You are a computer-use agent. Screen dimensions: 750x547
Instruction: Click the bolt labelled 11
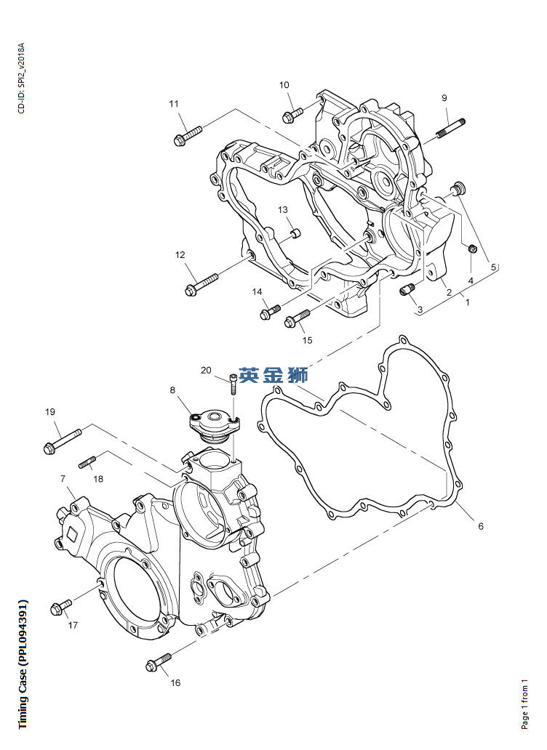(187, 135)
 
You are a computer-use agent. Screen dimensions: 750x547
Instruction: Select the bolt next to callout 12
(201, 283)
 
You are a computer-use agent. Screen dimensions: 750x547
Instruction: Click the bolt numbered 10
(292, 115)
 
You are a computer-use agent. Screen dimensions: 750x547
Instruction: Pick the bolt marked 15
(298, 318)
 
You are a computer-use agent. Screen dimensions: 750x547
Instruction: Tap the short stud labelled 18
(87, 461)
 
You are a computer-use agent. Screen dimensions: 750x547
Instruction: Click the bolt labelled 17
(61, 605)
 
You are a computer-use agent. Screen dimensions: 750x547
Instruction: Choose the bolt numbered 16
(159, 661)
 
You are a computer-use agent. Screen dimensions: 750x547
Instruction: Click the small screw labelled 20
(233, 383)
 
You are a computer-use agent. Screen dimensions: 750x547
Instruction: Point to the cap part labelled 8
(213, 424)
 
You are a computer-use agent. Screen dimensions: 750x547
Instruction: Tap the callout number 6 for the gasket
(480, 526)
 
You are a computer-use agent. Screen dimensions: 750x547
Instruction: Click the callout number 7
(63, 479)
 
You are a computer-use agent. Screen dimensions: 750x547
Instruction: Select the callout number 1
(467, 302)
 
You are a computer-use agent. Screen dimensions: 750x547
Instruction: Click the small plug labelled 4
(471, 250)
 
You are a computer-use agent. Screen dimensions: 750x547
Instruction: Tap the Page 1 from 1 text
(524, 704)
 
